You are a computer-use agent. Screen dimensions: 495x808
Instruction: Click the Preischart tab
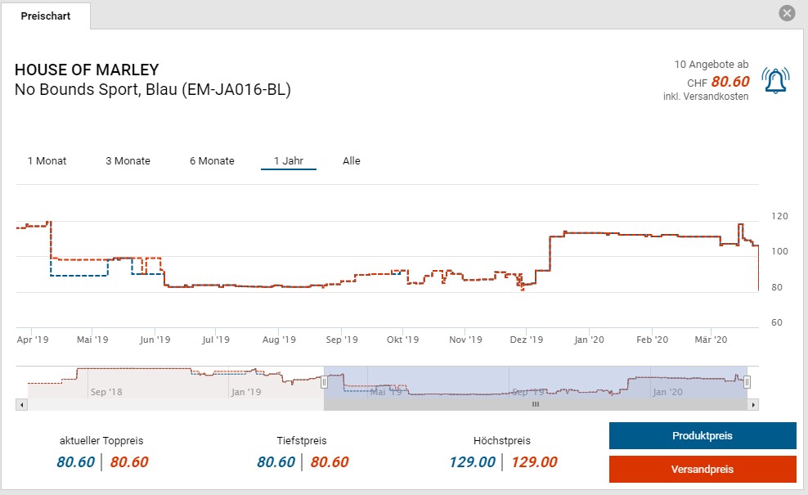point(46,16)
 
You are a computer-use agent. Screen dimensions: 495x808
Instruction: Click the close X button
point(787,13)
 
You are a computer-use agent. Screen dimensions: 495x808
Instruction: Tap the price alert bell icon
point(774,80)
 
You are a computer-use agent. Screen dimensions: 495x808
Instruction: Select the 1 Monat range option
point(47,161)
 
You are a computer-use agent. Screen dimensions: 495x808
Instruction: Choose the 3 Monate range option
point(128,161)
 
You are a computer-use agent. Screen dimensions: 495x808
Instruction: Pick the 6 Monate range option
point(212,161)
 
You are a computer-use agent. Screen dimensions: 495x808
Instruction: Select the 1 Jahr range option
point(289,161)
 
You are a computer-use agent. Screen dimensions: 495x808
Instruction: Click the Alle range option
point(352,161)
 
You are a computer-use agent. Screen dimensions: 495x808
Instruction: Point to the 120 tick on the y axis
point(779,216)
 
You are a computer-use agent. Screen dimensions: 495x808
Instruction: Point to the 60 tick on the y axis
point(776,322)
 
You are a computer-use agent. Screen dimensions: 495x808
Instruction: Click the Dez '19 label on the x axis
point(526,340)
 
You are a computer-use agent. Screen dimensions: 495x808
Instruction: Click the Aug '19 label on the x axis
point(278,340)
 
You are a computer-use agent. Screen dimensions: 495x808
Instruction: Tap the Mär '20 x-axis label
point(710,340)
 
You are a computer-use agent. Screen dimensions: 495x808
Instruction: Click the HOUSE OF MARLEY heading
point(87,70)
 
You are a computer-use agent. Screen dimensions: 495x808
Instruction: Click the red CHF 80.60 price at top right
point(729,82)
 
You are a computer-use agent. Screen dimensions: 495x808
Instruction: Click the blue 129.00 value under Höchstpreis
point(472,462)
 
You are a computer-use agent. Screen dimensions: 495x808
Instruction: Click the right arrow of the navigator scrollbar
point(753,404)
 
